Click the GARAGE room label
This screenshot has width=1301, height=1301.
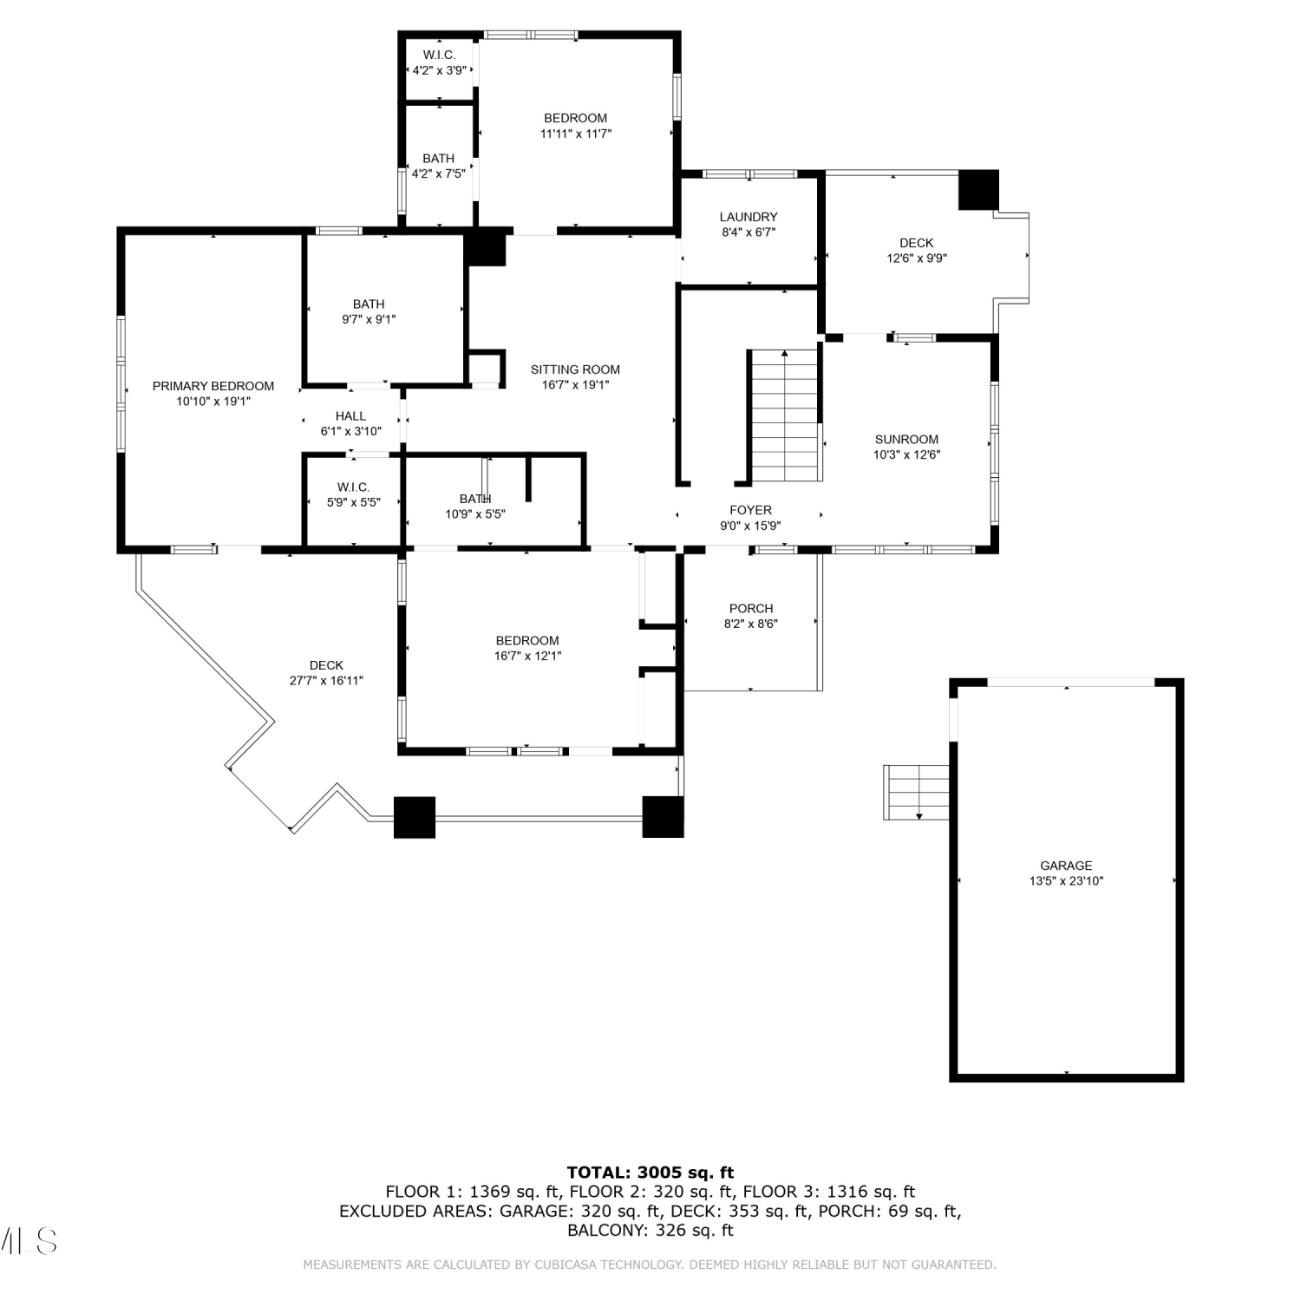[1066, 866]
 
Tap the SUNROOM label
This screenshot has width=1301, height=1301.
[906, 439]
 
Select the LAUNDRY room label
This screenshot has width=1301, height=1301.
[749, 217]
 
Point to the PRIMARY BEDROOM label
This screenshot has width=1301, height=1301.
[213, 386]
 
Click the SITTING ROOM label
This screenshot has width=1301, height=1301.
[575, 369]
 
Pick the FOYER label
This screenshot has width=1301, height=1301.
[750, 510]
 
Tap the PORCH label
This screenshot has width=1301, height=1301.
[751, 609]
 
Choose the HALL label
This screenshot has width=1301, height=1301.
[350, 416]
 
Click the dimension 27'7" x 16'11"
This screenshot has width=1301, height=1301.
[326, 681]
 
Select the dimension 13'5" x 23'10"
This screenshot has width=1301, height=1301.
[1066, 881]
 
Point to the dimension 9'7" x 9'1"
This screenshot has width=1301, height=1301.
[369, 319]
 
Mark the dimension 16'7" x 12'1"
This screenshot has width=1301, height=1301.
[527, 656]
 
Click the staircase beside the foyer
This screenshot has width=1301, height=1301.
[785, 415]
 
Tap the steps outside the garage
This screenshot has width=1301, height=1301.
[917, 792]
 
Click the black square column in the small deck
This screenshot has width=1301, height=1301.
[978, 190]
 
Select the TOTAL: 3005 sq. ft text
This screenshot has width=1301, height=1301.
[650, 1174]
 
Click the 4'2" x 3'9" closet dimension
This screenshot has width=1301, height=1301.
[439, 70]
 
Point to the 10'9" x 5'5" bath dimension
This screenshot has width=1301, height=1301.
[475, 514]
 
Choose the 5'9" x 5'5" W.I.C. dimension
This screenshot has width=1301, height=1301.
[354, 502]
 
